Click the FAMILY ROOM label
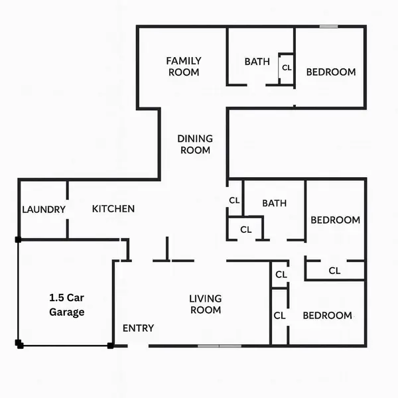184,66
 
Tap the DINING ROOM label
195,145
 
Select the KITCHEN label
113,209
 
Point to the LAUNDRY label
44,210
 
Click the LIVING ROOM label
206,304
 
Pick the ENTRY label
139,328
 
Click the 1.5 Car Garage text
67,305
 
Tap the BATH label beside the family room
257,62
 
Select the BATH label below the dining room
274,204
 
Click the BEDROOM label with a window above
331,72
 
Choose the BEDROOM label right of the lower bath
336,220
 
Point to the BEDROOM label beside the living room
327,316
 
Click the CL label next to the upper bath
287,68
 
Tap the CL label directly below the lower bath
246,230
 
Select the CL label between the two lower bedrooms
334,271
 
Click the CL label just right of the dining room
234,200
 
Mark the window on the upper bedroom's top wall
328,27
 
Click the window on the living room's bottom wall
220,346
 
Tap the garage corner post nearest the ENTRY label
111,345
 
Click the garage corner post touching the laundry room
19,239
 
